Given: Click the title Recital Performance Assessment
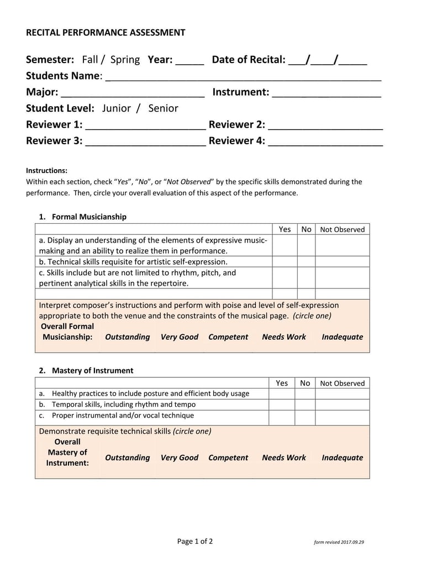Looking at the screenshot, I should [106, 33].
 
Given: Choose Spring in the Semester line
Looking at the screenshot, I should [125, 60].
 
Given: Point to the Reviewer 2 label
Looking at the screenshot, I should [237, 124].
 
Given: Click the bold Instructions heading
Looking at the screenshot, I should [47, 171].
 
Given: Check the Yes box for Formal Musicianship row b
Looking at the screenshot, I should [285, 261].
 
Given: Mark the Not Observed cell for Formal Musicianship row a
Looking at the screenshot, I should [342, 245].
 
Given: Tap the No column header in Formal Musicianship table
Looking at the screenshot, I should [306, 229].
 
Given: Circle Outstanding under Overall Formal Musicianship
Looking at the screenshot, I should [127, 337].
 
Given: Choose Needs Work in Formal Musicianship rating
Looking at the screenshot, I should [283, 337].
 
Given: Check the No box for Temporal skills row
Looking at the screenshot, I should [304, 405].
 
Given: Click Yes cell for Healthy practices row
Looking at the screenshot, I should [282, 393].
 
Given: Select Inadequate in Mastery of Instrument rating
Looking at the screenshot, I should [342, 458].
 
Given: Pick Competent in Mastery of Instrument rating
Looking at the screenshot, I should [228, 458].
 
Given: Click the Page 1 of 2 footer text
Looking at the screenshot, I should [194, 542].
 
